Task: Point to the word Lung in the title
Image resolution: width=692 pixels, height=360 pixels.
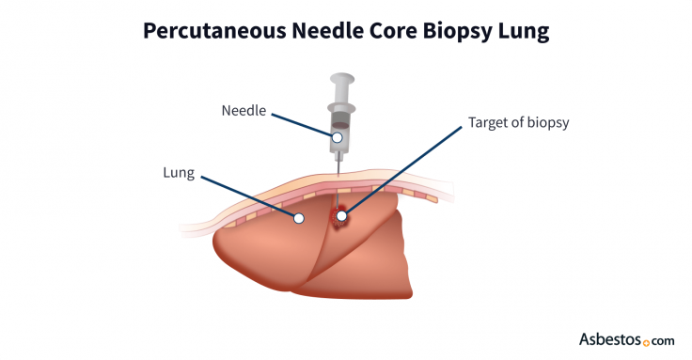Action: (x=527, y=31)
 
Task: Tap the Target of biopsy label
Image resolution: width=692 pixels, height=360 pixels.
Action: (x=518, y=122)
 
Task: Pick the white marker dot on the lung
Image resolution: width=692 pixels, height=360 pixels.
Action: (x=299, y=217)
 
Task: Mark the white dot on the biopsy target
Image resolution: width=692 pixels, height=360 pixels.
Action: (x=342, y=216)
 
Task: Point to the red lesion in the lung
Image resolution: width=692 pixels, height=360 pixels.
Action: (x=337, y=220)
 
